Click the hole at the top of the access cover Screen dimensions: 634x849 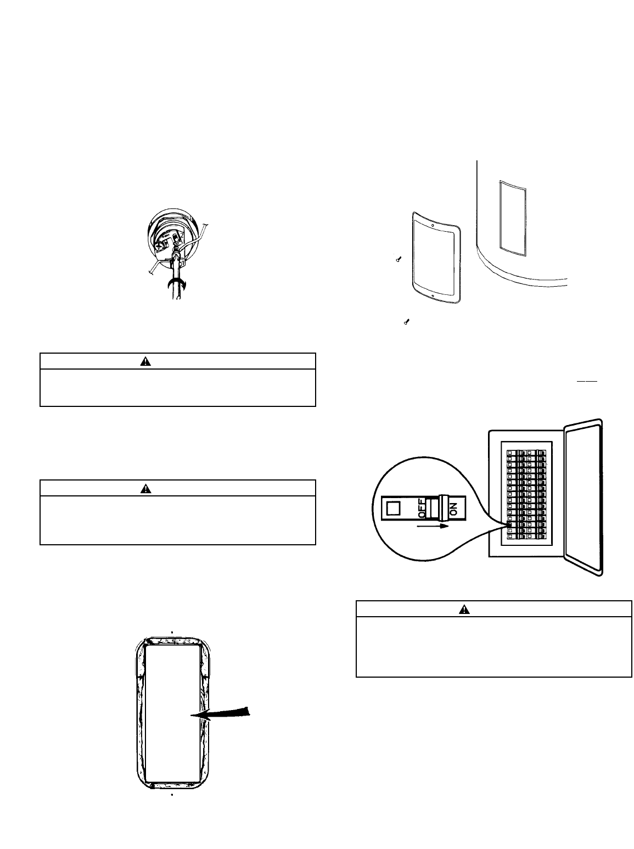pyautogui.click(x=433, y=225)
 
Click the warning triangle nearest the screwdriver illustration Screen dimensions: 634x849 pyautogui.click(x=145, y=361)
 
